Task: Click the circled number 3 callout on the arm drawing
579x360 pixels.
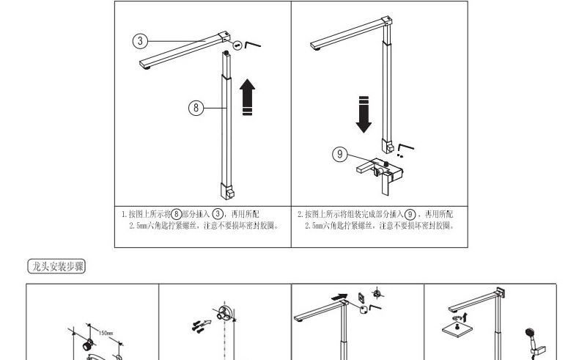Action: click(140, 40)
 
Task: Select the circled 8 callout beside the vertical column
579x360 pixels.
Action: click(196, 108)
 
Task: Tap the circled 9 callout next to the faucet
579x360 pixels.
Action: click(340, 154)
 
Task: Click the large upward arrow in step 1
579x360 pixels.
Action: click(248, 97)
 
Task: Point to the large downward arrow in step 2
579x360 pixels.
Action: click(364, 114)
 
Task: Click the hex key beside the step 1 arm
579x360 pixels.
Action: click(253, 45)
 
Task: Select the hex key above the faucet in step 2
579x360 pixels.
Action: click(405, 147)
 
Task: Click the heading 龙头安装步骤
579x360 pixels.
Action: click(56, 266)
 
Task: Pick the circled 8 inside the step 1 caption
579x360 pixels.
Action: click(177, 214)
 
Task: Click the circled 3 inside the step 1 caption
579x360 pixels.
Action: click(218, 214)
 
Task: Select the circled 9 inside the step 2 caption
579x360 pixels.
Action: click(410, 214)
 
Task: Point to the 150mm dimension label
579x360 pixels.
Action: click(106, 333)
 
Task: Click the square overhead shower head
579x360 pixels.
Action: click(457, 328)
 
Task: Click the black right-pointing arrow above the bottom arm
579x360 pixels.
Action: click(339, 297)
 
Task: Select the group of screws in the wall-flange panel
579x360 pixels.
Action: click(199, 326)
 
